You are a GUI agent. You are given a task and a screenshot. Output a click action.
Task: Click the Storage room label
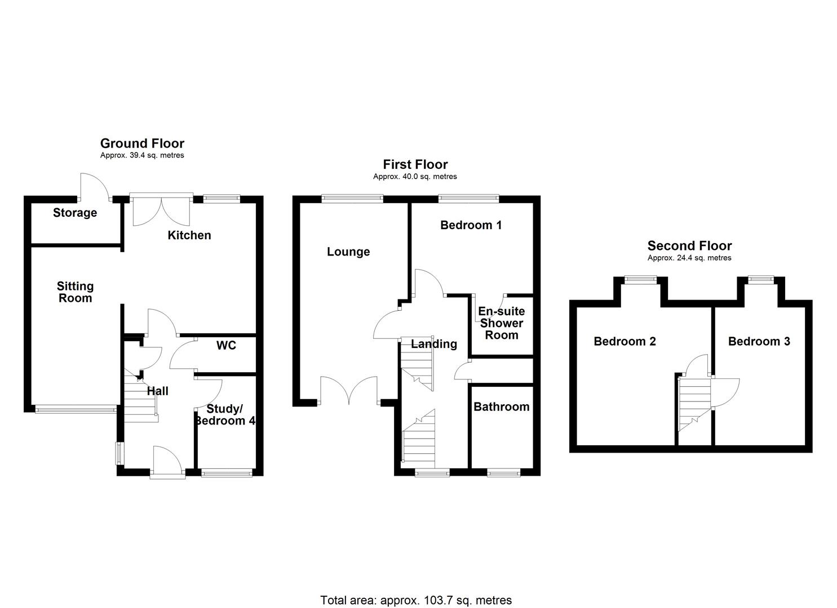pos(75,213)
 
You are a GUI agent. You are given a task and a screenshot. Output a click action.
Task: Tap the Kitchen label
pos(189,235)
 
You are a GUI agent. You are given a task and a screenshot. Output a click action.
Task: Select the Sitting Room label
pos(75,292)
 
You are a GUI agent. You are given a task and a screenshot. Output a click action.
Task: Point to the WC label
pos(226,345)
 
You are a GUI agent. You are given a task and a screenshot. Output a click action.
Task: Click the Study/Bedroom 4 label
pos(225,415)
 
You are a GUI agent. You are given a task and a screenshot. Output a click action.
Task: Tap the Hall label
pos(157,391)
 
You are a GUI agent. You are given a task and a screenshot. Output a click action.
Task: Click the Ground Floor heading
pos(142,144)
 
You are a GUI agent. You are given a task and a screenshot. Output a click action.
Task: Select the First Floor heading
pos(415,164)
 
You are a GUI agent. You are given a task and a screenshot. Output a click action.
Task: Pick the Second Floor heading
pos(689,245)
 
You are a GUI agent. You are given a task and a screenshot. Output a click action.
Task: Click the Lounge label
pos(348,252)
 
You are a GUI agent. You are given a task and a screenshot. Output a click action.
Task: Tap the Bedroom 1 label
pos(471,225)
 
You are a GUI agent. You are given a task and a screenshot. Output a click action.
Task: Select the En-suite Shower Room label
pos(501,323)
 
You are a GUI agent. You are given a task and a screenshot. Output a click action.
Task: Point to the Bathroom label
pos(501,406)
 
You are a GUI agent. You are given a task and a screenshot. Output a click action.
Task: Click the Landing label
pos(433,344)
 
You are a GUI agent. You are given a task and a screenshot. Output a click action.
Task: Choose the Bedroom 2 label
pos(625,341)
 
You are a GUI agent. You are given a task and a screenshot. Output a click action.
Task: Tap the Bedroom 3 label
pos(759,341)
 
